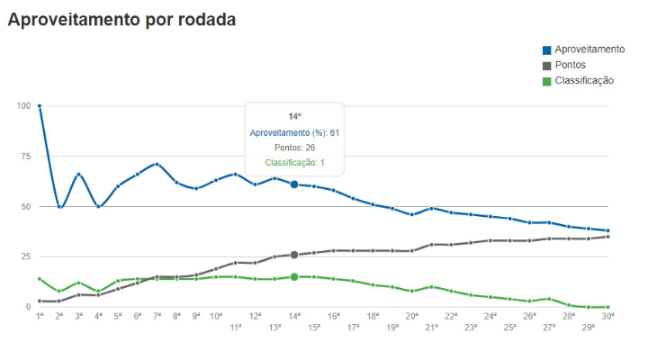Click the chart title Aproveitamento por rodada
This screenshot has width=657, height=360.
coord(121,20)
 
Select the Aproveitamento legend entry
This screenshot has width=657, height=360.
coord(589,49)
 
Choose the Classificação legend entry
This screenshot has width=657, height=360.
coord(583,80)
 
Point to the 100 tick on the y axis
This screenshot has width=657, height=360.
coord(23,106)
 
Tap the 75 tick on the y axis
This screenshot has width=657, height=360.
coord(25,157)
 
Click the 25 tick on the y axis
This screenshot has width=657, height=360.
coord(25,257)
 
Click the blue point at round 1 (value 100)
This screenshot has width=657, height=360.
coord(40,106)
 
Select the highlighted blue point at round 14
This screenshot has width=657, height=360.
coord(294,184)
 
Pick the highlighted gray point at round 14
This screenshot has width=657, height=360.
coord(294,255)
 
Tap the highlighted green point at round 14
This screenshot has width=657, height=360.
coord(294,277)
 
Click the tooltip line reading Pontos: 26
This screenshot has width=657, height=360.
coord(294,148)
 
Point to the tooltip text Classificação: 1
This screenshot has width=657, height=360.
coord(294,163)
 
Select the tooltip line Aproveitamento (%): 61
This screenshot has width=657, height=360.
coord(294,132)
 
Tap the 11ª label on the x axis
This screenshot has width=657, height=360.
coord(236,328)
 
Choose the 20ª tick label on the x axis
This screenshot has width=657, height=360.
coord(412,316)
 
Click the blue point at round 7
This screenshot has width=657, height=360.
coord(157,165)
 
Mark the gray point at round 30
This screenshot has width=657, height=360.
coord(608,237)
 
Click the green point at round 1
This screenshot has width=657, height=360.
coord(40,279)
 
